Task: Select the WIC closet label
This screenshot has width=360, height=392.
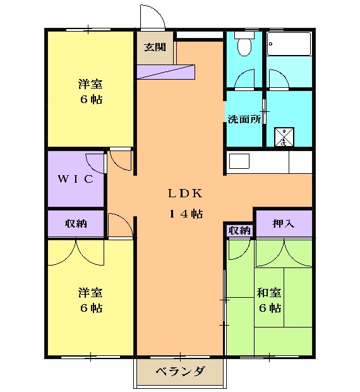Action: [76, 179]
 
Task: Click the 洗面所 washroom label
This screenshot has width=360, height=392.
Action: [244, 118]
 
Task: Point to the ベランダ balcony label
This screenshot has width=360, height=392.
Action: [180, 372]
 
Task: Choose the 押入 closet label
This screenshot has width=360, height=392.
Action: [283, 223]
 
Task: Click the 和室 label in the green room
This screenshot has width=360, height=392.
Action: [269, 293]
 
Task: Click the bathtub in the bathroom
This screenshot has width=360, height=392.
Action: [289, 45]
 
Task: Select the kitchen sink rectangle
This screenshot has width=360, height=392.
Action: [240, 161]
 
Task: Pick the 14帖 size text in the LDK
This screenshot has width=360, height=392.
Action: [185, 214]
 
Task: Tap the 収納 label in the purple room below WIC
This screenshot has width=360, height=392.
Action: [76, 223]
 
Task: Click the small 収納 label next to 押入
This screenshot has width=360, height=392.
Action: [239, 230]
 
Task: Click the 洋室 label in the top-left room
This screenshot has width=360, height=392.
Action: [90, 85]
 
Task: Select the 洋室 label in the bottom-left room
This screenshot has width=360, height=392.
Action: [90, 293]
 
